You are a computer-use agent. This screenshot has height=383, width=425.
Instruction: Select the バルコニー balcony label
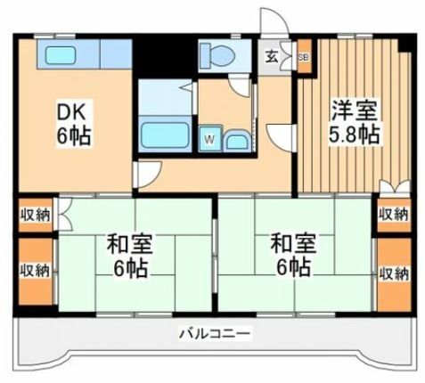(x=214, y=334)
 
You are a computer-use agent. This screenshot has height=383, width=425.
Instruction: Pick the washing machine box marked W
(x=208, y=139)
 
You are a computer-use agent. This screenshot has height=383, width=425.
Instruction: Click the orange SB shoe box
(x=303, y=56)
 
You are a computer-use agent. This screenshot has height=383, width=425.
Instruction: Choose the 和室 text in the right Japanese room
(x=290, y=240)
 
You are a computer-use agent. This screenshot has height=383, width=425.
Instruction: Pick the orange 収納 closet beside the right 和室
(x=392, y=270)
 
